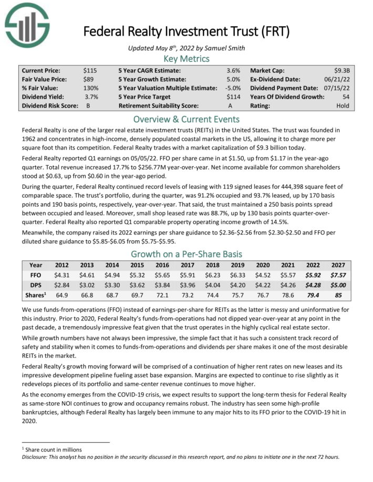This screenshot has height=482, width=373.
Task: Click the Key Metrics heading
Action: (186, 58)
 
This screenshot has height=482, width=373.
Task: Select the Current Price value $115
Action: (90, 70)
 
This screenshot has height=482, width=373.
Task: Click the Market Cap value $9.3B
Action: (343, 70)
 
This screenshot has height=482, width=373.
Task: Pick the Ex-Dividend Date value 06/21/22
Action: (338, 79)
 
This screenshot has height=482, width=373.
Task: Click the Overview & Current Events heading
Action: (186, 119)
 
